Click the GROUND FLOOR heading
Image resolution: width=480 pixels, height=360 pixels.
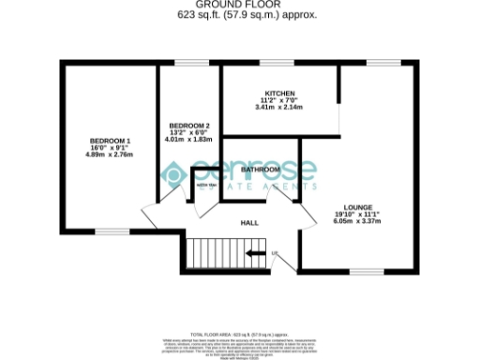[239, 6]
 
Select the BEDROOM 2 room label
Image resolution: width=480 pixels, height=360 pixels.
[188, 126]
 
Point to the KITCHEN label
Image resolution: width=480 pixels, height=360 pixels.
[280, 94]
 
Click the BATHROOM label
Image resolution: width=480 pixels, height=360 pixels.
[261, 170]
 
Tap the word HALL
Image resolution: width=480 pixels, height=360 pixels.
[249, 223]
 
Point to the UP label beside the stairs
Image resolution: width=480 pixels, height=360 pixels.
[275, 253]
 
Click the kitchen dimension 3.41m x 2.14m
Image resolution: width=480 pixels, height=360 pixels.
[280, 109]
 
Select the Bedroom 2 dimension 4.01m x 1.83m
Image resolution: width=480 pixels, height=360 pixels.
[188, 140]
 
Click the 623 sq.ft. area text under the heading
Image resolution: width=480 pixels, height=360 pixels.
[239, 16]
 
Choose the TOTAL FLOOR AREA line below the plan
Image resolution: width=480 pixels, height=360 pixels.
[239, 307]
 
